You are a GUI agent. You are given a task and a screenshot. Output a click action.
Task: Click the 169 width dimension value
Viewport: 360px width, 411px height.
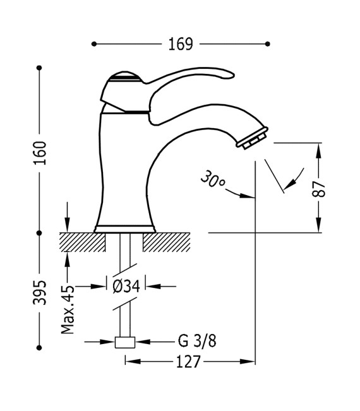[181, 44]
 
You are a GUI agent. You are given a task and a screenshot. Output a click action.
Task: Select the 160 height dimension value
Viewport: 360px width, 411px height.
[40, 153]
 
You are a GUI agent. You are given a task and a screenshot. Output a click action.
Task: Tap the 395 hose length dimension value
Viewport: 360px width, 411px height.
[40, 292]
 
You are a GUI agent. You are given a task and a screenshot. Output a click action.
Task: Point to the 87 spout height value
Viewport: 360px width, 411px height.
[321, 188]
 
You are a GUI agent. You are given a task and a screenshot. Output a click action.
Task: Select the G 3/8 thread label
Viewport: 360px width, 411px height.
[196, 342]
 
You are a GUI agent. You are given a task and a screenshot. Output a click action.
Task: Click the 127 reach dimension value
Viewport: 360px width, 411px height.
[189, 361]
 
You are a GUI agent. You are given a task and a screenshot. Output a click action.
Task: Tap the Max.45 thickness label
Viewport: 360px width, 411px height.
[68, 309]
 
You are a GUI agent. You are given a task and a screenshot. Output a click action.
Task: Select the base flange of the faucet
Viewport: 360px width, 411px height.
[124, 228]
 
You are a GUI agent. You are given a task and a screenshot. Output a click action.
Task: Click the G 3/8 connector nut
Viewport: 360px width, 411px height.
[125, 342]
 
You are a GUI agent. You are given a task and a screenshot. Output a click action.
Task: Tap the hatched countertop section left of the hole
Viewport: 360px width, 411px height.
[82, 242]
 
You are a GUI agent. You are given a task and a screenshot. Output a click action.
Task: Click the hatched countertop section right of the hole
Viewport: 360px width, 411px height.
[167, 242]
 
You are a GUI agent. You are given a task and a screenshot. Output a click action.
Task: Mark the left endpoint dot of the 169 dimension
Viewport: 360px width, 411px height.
[94, 44]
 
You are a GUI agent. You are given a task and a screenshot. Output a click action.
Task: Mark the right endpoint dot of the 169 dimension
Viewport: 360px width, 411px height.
[268, 44]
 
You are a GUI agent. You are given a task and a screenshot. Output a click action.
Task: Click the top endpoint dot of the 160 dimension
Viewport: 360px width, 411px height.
[40, 67]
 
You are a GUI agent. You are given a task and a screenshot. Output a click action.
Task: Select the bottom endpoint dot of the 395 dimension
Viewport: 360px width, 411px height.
[40, 346]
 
